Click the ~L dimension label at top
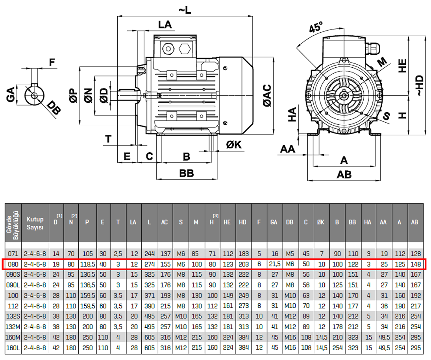[x=185, y=11]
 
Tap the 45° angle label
[x=315, y=28]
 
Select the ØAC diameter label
[x=267, y=95]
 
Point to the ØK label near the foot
[x=234, y=145]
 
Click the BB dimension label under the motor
[x=187, y=173]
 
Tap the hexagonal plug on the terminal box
[x=184, y=49]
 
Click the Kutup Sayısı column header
[x=35, y=222]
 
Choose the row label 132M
[x=13, y=327]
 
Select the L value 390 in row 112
[x=150, y=306]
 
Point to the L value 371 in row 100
[x=150, y=295]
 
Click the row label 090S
[x=13, y=275]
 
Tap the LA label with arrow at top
[x=165, y=25]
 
